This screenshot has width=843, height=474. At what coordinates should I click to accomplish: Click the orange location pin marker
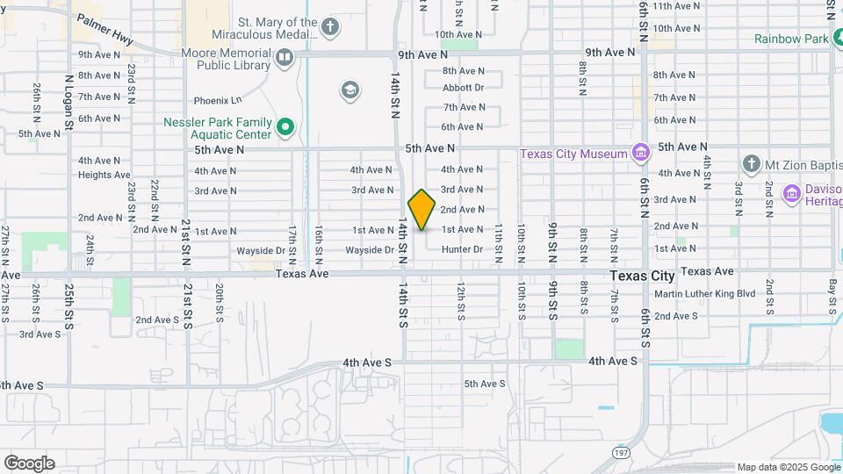[x=421, y=210]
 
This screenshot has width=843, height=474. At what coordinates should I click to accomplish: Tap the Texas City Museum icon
[x=640, y=154]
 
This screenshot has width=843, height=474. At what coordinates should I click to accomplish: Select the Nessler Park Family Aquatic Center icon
[x=285, y=129]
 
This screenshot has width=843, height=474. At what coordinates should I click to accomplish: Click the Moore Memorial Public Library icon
[x=285, y=58]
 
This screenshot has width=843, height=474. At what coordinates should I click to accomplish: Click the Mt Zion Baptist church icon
[x=751, y=163]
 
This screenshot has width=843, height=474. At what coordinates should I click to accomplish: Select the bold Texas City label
[x=643, y=276]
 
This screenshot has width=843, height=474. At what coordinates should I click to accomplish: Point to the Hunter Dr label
[x=463, y=250]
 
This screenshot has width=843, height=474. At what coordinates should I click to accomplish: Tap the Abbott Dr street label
[x=464, y=88]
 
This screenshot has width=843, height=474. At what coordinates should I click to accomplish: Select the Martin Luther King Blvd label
[x=705, y=294]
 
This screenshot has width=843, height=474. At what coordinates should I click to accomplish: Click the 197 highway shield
[x=619, y=450]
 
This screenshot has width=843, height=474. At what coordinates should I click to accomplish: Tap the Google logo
[x=29, y=463]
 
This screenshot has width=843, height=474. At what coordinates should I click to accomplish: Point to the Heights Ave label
[x=104, y=175]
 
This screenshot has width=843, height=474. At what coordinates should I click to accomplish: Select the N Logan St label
[x=69, y=104]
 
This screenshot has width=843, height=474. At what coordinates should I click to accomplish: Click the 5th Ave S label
[x=485, y=384]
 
